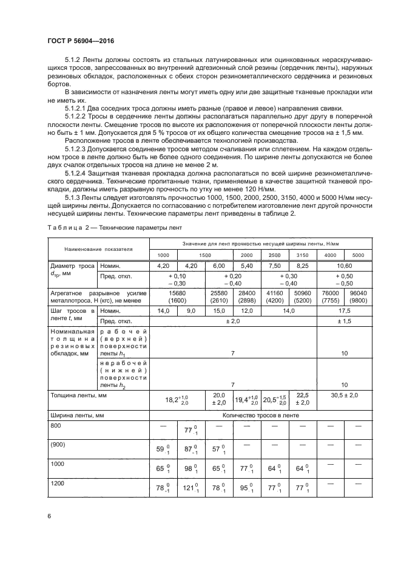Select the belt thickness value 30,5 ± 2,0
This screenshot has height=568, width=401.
[345, 395]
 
